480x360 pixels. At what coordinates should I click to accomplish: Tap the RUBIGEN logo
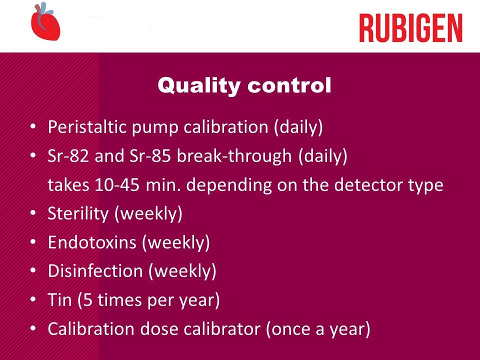click(x=410, y=28)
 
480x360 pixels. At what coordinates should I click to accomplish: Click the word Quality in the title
click(x=199, y=85)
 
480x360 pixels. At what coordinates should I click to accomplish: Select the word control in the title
click(x=289, y=85)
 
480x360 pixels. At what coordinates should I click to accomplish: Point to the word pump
click(x=155, y=128)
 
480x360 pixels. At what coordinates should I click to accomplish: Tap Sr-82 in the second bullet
click(x=68, y=155)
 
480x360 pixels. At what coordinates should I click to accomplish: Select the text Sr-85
click(x=149, y=155)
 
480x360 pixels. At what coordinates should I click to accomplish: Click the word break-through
click(x=234, y=155)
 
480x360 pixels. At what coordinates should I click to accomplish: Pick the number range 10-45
click(x=117, y=185)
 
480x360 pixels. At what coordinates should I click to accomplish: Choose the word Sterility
click(x=78, y=213)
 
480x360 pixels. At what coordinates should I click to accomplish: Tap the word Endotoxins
click(x=92, y=242)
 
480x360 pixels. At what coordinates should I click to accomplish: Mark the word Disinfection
click(x=95, y=271)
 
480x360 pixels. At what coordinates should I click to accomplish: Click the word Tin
click(x=59, y=299)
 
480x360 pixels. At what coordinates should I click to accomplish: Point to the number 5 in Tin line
click(x=88, y=300)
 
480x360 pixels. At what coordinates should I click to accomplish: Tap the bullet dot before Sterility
click(x=33, y=213)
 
